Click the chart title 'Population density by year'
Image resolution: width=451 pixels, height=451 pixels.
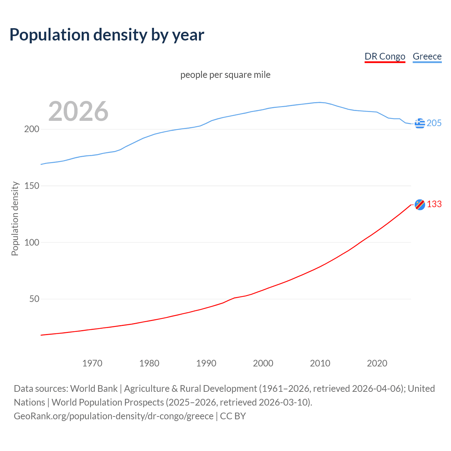pos(107,35)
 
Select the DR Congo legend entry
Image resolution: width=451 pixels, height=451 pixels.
pos(385,57)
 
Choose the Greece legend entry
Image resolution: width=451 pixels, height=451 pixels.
pos(427,57)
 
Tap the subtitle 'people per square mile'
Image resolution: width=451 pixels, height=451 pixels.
pos(225,75)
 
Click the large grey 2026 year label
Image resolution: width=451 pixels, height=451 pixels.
pos(78,111)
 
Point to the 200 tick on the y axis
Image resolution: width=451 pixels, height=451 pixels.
pos(31,129)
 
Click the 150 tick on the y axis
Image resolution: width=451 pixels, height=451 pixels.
pos(31,186)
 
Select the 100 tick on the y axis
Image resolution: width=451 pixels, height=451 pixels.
pos(31,243)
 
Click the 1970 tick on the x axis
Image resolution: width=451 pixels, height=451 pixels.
pos(92,363)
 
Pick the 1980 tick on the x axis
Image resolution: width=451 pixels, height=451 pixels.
pos(149,363)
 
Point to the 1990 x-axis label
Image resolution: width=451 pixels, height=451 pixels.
pos(206,363)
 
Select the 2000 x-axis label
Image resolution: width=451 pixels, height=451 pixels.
pos(263,363)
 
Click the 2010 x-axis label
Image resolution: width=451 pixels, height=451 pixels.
pos(320,363)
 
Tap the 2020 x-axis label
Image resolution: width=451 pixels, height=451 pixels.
pos(377,363)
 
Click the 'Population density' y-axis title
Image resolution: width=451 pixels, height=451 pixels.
pos(15,218)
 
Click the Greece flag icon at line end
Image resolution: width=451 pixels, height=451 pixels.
pos(420,123)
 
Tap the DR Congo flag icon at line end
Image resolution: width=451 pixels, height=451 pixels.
pos(420,204)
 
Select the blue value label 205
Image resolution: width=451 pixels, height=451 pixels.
pos(434,123)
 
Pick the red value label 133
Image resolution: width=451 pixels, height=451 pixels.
pos(434,204)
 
